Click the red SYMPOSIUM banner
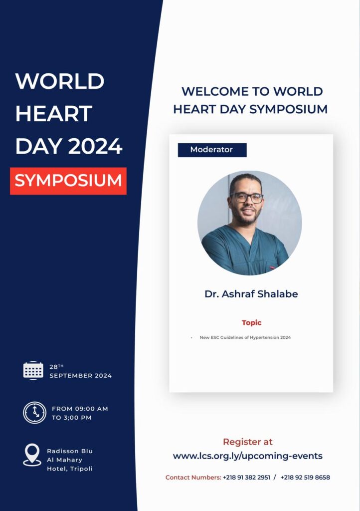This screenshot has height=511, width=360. (x=68, y=181)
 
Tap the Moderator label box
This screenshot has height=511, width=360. (x=212, y=150)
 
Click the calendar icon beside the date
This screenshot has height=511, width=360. (x=33, y=371)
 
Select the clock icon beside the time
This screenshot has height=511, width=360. (x=34, y=413)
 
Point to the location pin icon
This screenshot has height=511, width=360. (x=32, y=455)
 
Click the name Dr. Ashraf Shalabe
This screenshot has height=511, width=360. (x=251, y=294)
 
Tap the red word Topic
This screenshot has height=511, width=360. (x=252, y=323)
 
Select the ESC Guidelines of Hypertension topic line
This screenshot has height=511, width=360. (x=245, y=338)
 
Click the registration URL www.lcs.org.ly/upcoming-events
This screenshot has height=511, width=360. (x=248, y=456)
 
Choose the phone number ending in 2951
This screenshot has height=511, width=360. (x=246, y=478)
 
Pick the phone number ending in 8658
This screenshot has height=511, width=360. (x=305, y=478)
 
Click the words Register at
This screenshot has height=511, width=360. (x=248, y=442)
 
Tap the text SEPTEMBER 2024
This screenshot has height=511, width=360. (x=80, y=376)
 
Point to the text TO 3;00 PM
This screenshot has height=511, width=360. (x=72, y=418)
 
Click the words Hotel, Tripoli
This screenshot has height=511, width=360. (x=70, y=469)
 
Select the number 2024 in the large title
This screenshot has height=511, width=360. (x=95, y=146)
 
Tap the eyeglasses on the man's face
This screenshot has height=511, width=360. (x=247, y=198)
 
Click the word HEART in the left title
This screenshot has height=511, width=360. (x=54, y=113)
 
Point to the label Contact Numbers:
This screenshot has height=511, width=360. (x=193, y=478)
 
